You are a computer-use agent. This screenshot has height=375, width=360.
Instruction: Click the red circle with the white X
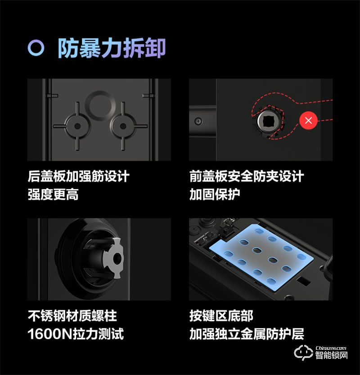coord(308,120)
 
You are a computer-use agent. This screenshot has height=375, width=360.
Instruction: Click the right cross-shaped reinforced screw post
coord(122,122)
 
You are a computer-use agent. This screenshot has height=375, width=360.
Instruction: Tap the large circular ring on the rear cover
coord(99,104)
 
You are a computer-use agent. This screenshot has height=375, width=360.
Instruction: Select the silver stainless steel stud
coord(113,257)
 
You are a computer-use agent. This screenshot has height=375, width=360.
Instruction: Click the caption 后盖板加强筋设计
coord(78,176)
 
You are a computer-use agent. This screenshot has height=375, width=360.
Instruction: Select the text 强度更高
coord(53,194)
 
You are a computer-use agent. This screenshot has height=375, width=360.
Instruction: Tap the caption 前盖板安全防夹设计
coord(247,176)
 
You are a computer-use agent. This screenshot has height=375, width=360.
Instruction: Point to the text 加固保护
coord(215,194)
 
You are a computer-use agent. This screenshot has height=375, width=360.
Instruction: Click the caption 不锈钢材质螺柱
coord(72,316)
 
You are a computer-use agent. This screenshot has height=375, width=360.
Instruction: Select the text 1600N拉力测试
coord(76,334)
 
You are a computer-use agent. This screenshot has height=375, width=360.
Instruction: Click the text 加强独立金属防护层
coord(247,334)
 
